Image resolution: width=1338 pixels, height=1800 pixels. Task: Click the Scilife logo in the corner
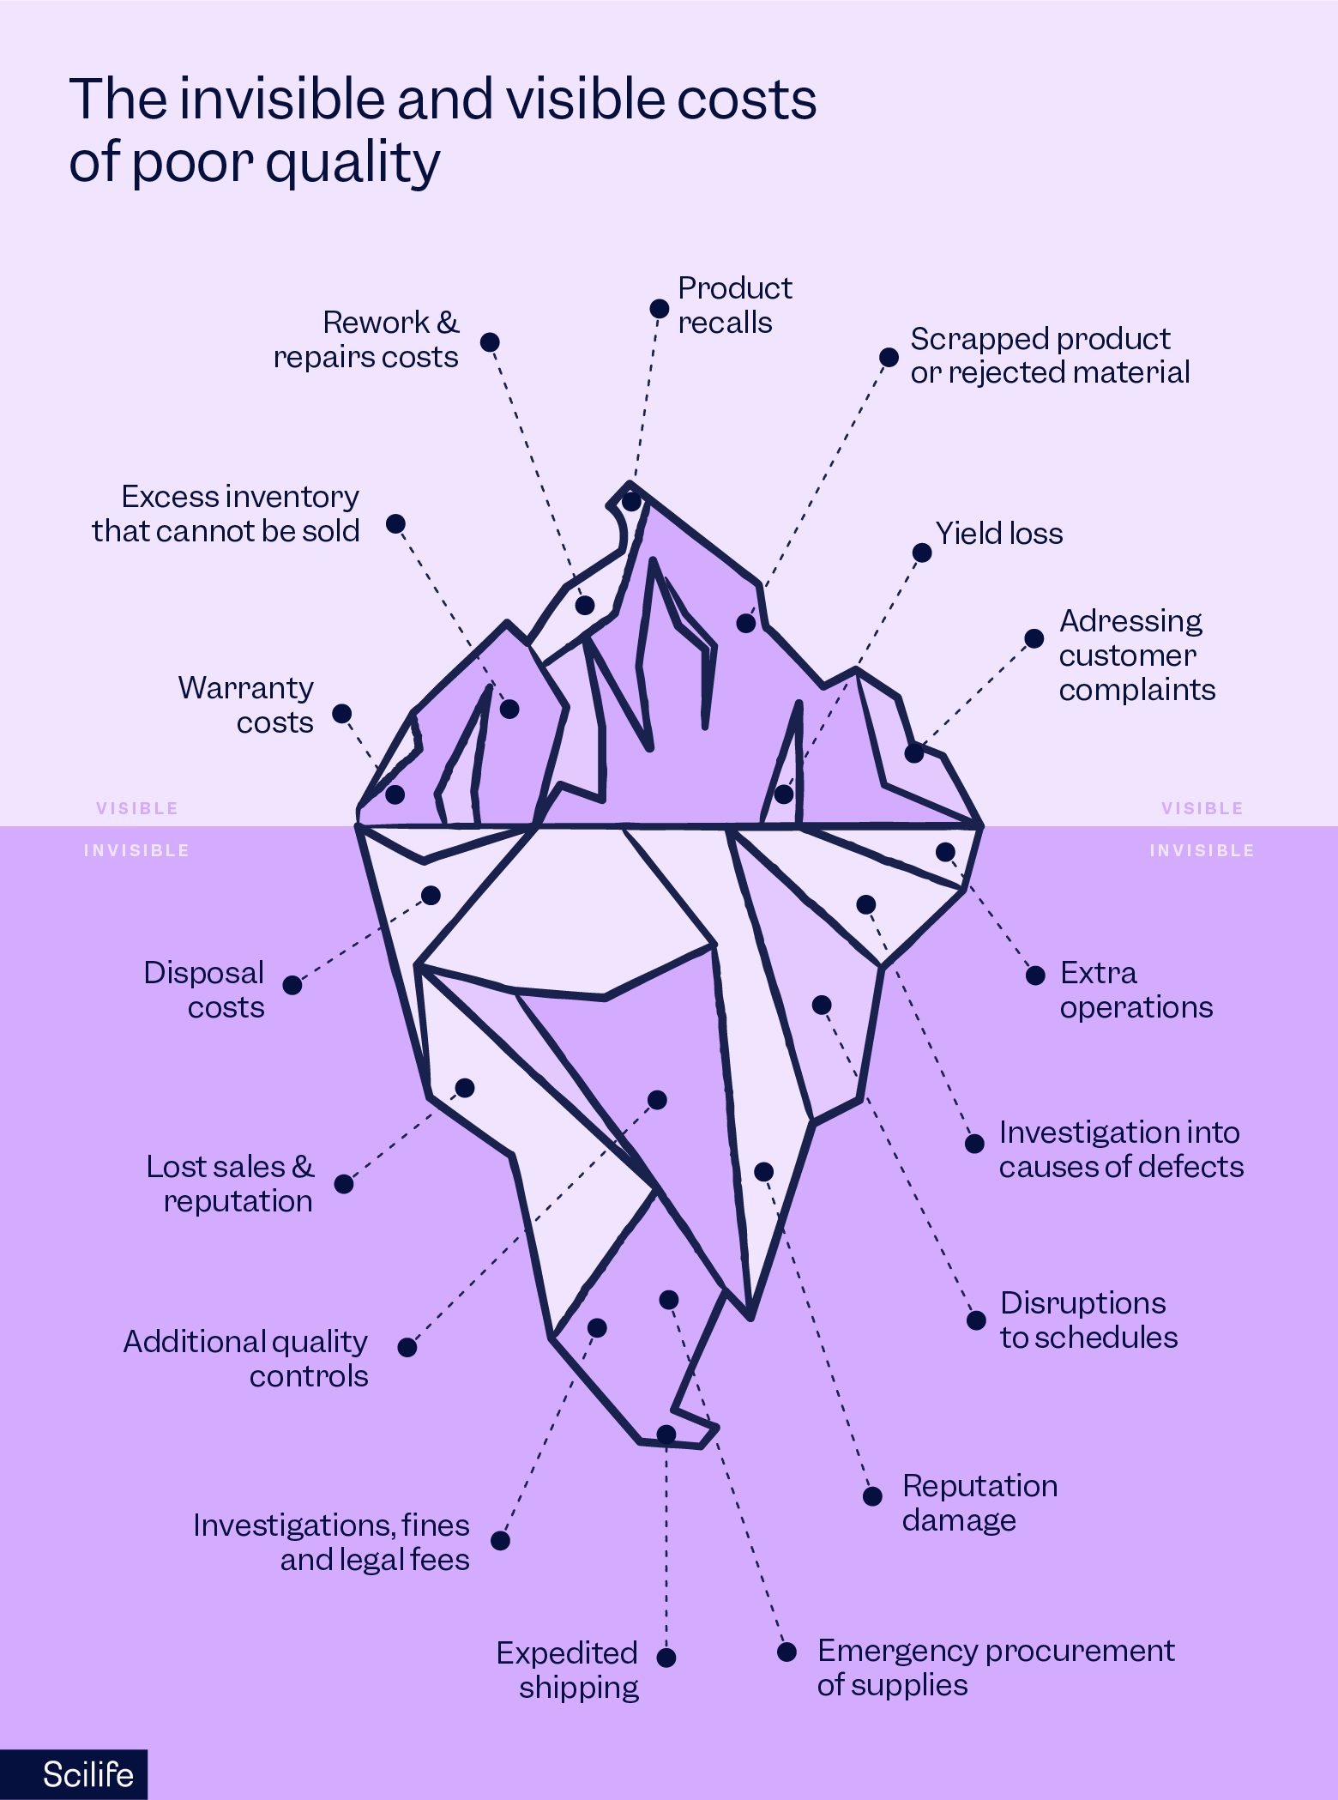tap(87, 1774)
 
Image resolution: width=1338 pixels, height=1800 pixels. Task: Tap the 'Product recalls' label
tap(734, 305)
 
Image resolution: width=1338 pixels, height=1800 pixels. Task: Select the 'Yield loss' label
tap(998, 534)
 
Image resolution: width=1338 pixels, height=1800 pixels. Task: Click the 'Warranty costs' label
tap(246, 705)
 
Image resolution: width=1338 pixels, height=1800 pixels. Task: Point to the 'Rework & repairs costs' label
tap(366, 340)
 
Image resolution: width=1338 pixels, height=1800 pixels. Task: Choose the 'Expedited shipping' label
tap(568, 1670)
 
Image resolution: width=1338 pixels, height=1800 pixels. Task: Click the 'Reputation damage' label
tap(979, 1503)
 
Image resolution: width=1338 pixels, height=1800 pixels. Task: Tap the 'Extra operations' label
tap(1136, 990)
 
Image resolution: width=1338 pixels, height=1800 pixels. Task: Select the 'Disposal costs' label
tap(204, 990)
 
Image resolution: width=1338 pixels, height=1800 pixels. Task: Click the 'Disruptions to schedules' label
tap(1088, 1320)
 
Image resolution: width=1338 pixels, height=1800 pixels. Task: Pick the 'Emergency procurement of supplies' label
tap(995, 1668)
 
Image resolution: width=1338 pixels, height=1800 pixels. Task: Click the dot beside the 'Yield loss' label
tap(922, 553)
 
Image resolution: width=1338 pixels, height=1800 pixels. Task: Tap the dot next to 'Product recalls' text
tap(659, 309)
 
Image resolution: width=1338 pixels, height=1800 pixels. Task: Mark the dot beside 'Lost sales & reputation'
tap(343, 1184)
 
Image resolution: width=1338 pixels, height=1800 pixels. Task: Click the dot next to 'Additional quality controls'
tap(407, 1347)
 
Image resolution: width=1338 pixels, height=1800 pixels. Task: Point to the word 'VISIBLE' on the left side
tap(137, 808)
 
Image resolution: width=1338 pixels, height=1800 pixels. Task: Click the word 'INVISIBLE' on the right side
tap(1202, 850)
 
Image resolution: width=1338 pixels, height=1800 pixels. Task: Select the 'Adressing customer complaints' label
tap(1136, 655)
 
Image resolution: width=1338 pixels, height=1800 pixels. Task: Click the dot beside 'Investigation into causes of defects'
tap(974, 1144)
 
